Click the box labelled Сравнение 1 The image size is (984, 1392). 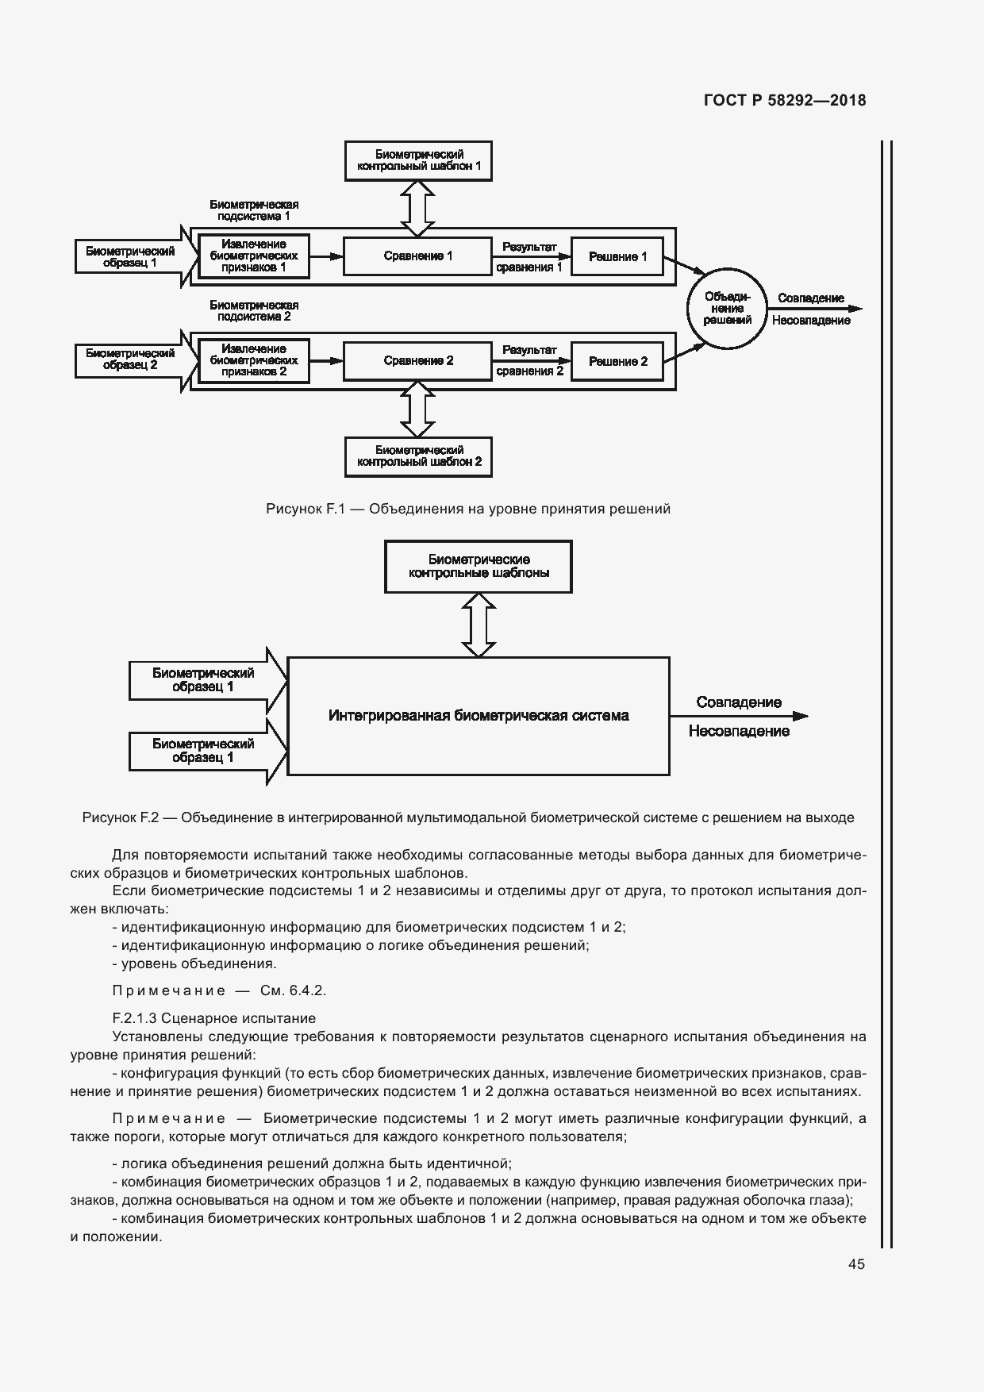[x=417, y=256]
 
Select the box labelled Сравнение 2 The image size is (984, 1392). [x=417, y=361]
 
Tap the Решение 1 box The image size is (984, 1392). [x=617, y=256]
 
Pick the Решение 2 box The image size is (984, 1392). [x=617, y=361]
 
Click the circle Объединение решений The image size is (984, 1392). [x=727, y=309]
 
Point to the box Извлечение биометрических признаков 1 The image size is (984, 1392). [x=253, y=256]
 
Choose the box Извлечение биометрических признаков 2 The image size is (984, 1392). [x=253, y=360]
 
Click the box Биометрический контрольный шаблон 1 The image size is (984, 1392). [x=418, y=160]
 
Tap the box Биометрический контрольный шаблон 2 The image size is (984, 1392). [x=418, y=456]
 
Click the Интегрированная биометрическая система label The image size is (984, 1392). [x=479, y=716]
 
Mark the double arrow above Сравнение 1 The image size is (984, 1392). [x=417, y=208]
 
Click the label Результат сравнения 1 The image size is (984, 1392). [x=529, y=257]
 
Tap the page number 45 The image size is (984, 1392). [x=856, y=1264]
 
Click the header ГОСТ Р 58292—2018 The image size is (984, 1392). [x=784, y=101]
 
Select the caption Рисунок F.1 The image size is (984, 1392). [x=468, y=509]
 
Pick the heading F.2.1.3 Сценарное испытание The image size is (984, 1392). [x=214, y=1018]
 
